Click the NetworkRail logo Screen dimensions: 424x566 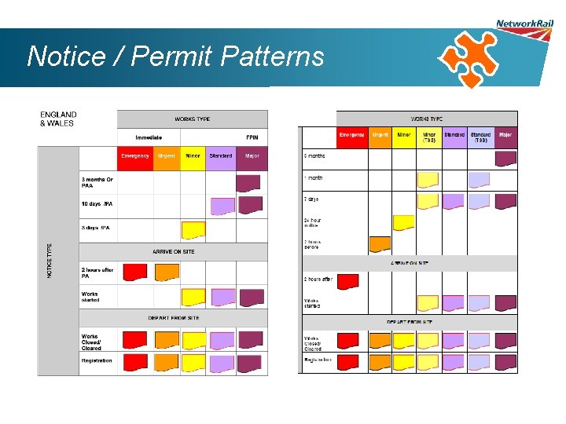[524, 25]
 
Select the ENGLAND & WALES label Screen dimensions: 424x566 [58, 119]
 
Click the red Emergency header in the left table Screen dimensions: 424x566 [135, 156]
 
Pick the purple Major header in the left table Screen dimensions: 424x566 [252, 156]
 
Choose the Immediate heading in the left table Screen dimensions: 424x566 [149, 138]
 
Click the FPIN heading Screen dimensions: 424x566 [252, 138]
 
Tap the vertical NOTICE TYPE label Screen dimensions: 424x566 [50, 260]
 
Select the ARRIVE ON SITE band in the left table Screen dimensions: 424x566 [173, 251]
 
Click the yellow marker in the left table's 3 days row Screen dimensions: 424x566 [193, 229]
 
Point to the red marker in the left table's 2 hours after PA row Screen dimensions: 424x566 [134, 272]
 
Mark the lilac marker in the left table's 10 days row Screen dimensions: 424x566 [222, 206]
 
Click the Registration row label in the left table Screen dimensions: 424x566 [97, 361]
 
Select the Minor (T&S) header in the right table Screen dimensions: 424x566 [428, 137]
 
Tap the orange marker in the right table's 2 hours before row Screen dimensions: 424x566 [380, 243]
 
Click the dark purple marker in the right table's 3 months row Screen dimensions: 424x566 [505, 159]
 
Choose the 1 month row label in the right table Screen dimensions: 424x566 [314, 178]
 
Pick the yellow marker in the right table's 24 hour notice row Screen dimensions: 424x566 [403, 222]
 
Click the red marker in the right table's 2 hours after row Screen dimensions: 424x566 [347, 280]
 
